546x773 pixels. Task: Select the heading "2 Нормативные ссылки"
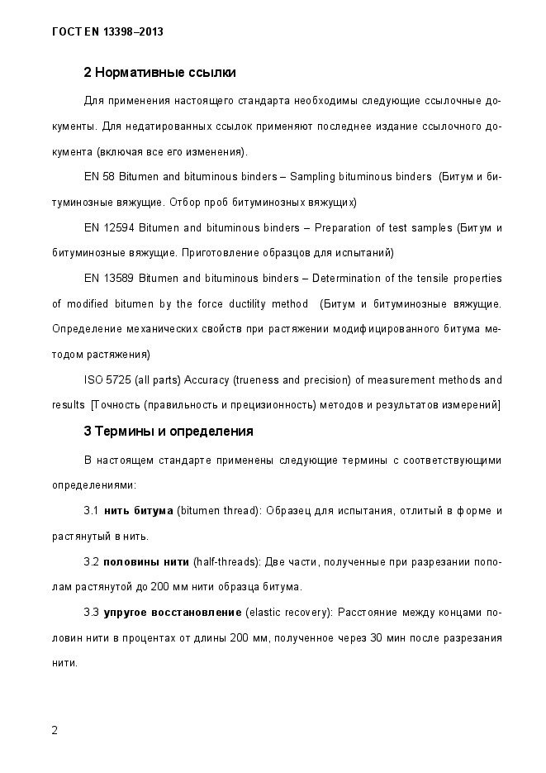159,73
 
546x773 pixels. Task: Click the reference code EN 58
100,177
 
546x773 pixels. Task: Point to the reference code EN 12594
109,227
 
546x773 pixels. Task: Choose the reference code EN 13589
109,278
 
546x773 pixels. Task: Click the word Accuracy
207,379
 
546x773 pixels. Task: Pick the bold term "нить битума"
138,511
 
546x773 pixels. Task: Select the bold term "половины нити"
146,562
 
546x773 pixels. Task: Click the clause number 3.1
91,511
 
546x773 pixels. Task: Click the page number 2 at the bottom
55,730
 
